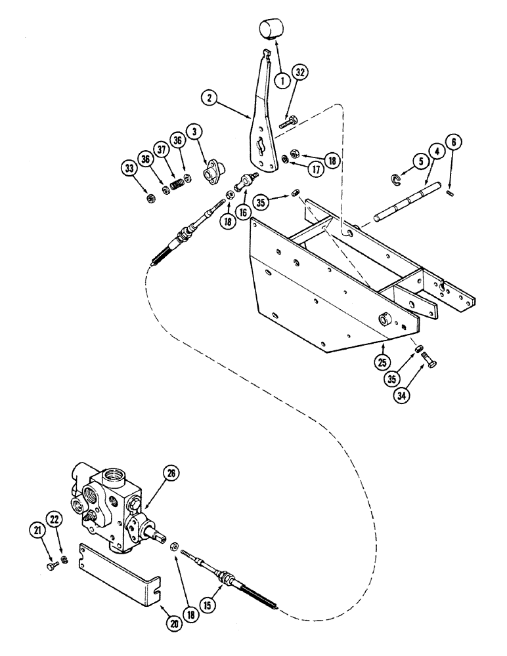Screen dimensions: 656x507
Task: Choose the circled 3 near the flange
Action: (195, 132)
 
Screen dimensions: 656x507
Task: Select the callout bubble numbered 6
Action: (452, 142)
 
